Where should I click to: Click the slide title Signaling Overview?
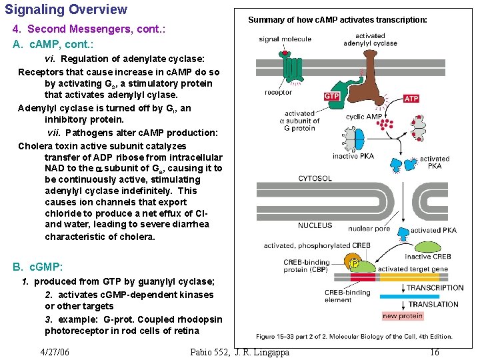[66, 9]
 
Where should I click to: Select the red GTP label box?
[332, 97]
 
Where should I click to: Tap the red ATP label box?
[411, 99]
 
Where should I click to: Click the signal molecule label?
[285, 39]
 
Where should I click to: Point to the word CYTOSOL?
[315, 179]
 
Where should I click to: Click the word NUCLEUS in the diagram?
[315, 225]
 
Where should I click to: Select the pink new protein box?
[402, 316]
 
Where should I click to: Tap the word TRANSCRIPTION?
[435, 288]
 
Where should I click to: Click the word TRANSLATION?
[433, 304]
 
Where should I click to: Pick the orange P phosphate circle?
[355, 263]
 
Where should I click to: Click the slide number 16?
[434, 352]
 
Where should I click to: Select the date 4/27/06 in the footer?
[55, 352]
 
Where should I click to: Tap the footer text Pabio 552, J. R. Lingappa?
[240, 352]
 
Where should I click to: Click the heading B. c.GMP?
[38, 267]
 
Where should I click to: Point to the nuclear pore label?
[369, 229]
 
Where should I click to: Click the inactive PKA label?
[353, 156]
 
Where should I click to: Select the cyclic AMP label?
[364, 117]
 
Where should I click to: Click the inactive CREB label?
[428, 256]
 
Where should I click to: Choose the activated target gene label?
[412, 269]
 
